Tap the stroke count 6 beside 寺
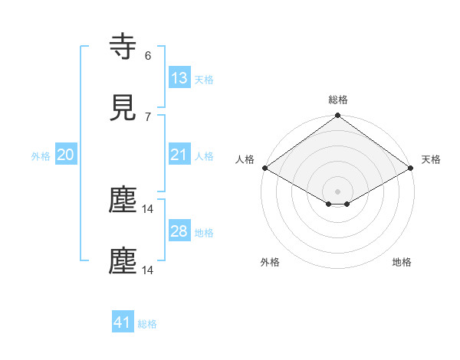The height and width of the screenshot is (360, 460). point(147,55)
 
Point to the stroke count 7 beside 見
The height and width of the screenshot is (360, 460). point(147,116)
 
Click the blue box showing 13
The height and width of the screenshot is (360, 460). point(179,78)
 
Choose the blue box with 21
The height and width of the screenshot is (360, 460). point(179,155)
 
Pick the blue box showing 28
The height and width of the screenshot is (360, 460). point(179,231)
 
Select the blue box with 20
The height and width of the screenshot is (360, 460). point(66,155)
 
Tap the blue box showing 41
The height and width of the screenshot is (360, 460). point(123,322)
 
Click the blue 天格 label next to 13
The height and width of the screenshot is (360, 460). point(204,80)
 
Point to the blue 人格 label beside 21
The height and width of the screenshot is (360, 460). point(204,156)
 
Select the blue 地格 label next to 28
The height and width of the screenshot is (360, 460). point(204,233)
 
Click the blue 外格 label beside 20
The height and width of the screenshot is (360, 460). point(41,156)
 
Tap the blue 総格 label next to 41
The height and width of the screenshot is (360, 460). point(147,324)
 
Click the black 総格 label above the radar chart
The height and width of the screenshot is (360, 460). point(338,100)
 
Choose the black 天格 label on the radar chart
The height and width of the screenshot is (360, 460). point(432,159)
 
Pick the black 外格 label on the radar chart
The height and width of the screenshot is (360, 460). point(270,262)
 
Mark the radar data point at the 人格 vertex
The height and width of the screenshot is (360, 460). point(264,168)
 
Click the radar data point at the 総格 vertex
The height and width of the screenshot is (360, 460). point(338,116)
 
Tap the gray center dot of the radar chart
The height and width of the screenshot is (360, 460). point(338,191)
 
